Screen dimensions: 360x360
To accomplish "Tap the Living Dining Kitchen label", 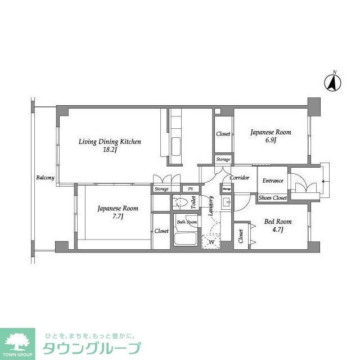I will [110, 141].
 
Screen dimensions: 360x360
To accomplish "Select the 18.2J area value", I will [110, 150].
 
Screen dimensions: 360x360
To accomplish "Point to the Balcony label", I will [45, 178].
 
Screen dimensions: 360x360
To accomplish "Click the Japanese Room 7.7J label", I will [118, 208].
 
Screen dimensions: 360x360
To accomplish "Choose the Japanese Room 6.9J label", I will [271, 133].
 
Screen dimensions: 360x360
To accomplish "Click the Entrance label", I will [273, 181].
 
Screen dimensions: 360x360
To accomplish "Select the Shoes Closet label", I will [273, 198].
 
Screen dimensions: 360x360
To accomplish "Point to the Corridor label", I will [240, 178].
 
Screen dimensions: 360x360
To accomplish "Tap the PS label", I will [191, 189].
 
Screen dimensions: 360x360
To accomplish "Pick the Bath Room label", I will [186, 222].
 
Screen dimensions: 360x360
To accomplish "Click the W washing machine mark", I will [211, 242].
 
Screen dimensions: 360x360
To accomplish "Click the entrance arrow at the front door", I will [323, 181].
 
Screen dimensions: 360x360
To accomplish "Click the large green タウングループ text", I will [90, 348].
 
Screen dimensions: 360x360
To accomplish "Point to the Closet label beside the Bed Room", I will [241, 236].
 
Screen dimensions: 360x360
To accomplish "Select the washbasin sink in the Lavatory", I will [227, 204].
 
